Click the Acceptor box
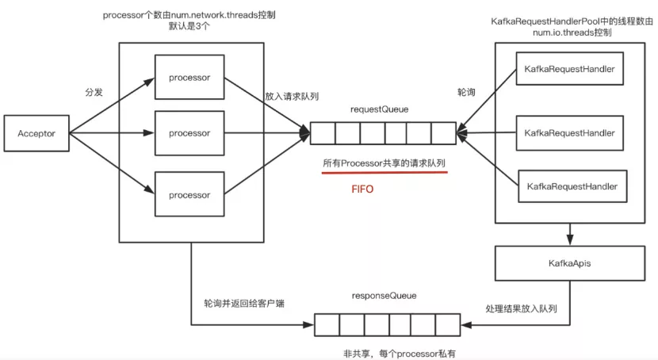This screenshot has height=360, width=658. tap(37, 133)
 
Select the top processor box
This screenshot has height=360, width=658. tap(189, 78)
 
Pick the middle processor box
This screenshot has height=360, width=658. tap(189, 133)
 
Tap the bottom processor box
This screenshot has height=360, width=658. tap(189, 194)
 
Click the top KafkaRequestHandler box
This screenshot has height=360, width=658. tap(569, 70)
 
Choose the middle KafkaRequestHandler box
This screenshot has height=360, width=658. tap(569, 133)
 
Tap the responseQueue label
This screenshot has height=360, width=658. tap(384, 296)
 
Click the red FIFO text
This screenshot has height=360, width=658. tap(362, 190)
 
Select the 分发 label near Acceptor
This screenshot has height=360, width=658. tap(94, 92)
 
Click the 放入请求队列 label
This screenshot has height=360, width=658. tap(293, 96)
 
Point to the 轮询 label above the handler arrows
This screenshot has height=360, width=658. tap(468, 93)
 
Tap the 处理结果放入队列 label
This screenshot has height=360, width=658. tap(527, 308)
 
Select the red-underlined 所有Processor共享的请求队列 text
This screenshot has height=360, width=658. tap(384, 163)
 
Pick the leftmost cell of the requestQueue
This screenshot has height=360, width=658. tap(322, 133)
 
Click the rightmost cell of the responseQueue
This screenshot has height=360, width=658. tap(447, 324)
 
